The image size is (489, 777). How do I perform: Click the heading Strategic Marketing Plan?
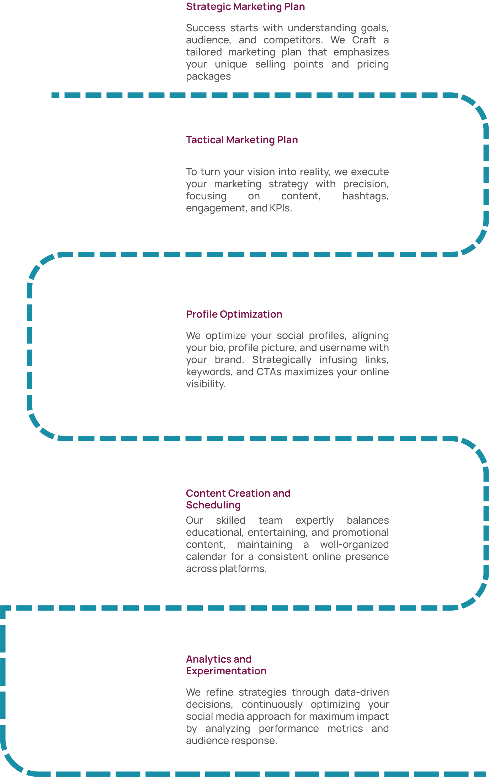coord(245,7)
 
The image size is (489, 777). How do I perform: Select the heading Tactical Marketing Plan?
coord(242,140)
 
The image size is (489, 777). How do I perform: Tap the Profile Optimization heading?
coord(234,314)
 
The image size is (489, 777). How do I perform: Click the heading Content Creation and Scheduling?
coord(238,499)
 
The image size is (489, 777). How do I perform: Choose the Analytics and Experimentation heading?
coord(226,665)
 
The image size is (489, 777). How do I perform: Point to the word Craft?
coord(364,40)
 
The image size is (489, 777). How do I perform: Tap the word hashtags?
coord(365,196)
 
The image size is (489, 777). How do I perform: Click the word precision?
coord(365,184)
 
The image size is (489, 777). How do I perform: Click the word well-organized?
coord(354,544)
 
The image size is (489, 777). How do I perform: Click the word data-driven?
coord(362,692)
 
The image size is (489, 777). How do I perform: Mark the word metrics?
coord(345,728)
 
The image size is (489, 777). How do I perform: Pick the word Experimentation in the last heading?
coord(226,671)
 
